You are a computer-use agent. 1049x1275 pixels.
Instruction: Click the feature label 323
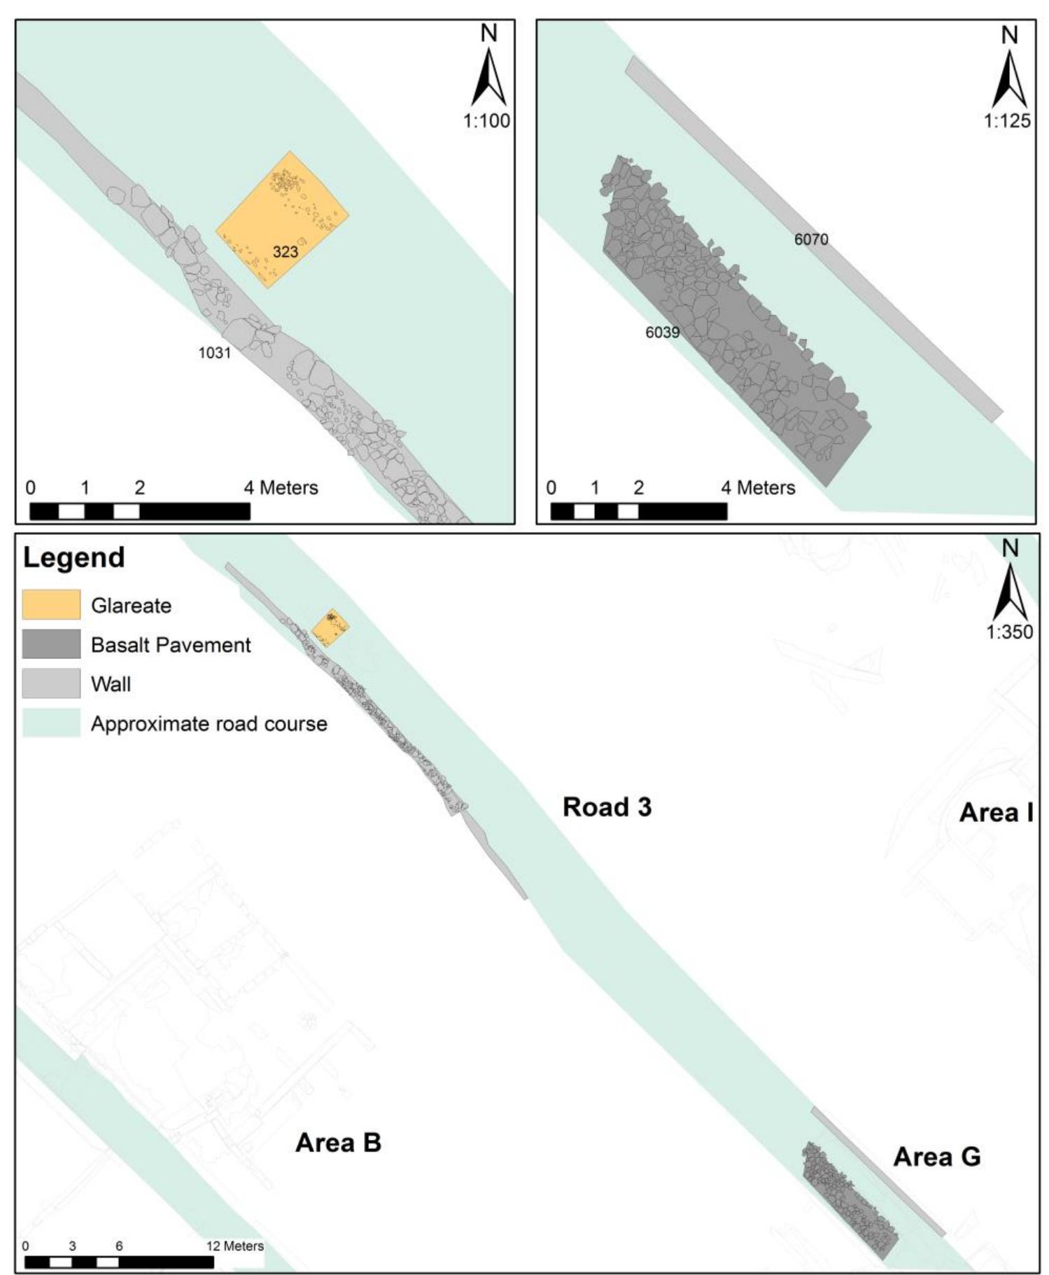(286, 251)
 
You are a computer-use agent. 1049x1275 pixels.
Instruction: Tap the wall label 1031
(214, 352)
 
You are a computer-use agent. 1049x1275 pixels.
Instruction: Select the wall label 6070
(811, 239)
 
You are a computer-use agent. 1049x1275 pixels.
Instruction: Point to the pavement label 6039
(662, 332)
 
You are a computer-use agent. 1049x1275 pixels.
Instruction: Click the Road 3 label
(607, 807)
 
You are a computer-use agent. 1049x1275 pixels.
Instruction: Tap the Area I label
(996, 812)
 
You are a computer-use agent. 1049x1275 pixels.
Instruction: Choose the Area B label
(338, 1143)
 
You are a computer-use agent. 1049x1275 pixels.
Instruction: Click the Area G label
(936, 1157)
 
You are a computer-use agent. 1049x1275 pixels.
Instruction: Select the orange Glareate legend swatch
(51, 605)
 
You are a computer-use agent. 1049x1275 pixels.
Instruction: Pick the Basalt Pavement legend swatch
(51, 644)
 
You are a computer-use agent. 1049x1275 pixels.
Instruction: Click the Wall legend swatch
(51, 683)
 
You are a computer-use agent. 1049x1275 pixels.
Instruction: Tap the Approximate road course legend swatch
(51, 723)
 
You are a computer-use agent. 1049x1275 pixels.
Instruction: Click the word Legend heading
(74, 557)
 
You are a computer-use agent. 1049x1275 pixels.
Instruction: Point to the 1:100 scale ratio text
(486, 120)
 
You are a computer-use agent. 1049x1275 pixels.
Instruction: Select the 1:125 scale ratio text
(1007, 120)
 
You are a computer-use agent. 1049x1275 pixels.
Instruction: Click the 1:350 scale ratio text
(1009, 632)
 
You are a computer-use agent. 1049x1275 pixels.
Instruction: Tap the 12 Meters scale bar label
(235, 1246)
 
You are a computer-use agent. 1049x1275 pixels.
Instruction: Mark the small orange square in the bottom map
(330, 627)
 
